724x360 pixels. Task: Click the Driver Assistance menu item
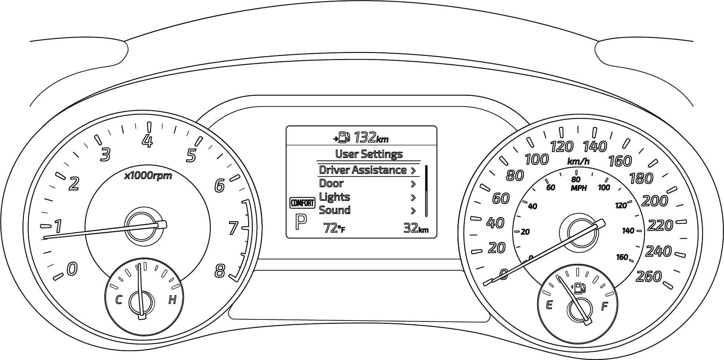363,170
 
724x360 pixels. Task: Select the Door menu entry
331,184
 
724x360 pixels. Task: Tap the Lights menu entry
334,197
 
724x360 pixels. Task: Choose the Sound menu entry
334,210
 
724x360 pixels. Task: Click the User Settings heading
369,154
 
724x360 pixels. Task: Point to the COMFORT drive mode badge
302,203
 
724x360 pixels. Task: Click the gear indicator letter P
301,223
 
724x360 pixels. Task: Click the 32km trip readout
416,228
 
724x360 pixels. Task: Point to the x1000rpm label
148,176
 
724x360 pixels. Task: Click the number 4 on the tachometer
148,141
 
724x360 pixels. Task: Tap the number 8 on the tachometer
220,272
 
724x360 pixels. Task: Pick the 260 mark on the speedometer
649,276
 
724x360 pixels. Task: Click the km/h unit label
578,161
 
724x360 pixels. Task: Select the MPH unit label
576,188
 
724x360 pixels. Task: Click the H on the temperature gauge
172,300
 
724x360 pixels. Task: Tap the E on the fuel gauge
549,305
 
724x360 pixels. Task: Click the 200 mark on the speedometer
655,201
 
